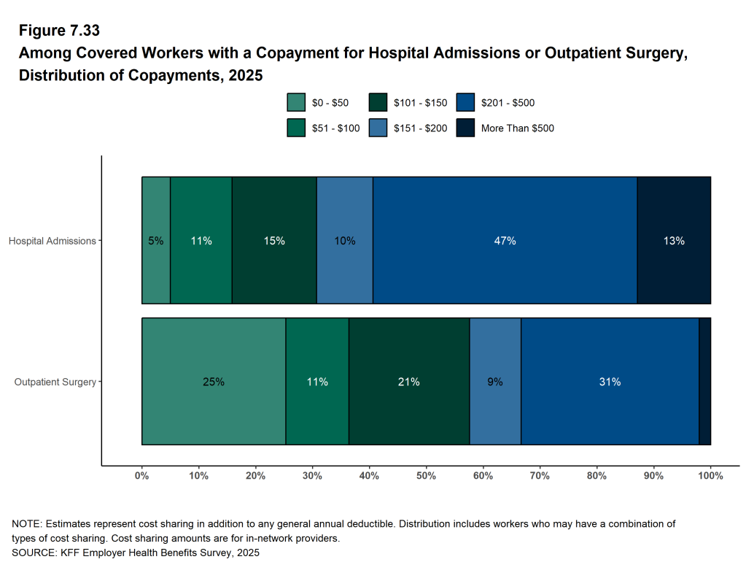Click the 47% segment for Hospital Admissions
click(x=505, y=240)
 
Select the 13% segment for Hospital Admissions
click(x=674, y=240)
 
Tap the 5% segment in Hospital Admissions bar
click(x=156, y=240)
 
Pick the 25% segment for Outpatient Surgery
click(x=214, y=381)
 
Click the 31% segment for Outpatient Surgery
click(x=610, y=381)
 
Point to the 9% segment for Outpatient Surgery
click(x=495, y=381)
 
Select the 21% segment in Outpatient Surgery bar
click(x=408, y=381)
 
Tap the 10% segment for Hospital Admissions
click(x=344, y=240)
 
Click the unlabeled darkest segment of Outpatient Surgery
click(x=704, y=381)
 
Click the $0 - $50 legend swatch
click(x=296, y=102)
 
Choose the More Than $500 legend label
click(x=518, y=128)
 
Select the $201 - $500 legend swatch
click(x=465, y=102)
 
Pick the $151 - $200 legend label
click(x=421, y=128)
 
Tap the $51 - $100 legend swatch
click(x=296, y=128)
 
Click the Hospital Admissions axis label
click(x=52, y=241)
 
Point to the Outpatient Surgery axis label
click(x=55, y=382)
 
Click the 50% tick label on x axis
click(x=426, y=476)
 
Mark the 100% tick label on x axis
click(x=710, y=476)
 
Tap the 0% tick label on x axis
click(x=142, y=476)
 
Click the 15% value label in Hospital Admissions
click(x=274, y=241)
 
